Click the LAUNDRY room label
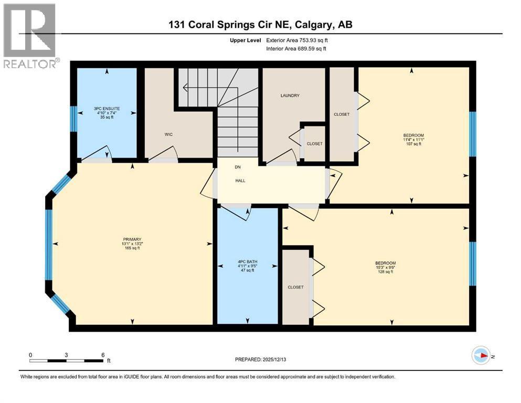290,96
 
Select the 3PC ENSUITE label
108,109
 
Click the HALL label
240,181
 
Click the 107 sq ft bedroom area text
413,144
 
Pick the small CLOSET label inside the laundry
314,144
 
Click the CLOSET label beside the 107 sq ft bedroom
342,114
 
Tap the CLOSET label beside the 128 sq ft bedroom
295,287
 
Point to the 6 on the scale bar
103,354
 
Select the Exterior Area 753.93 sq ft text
300,40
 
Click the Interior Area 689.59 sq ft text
295,49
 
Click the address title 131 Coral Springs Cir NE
260,25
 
